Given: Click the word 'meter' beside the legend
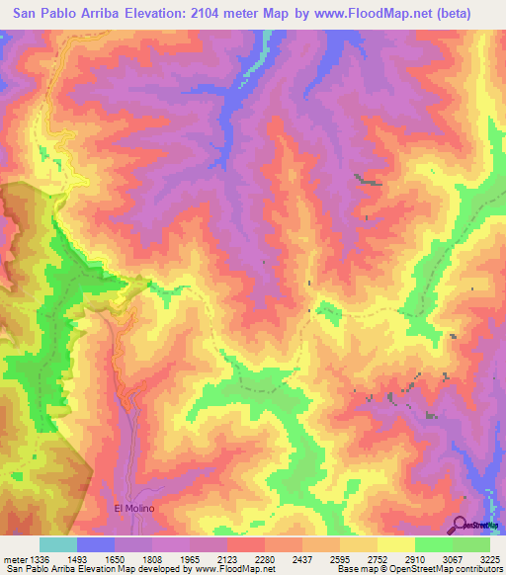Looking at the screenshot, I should [14, 560].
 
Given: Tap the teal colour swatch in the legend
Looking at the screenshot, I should [58, 544].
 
